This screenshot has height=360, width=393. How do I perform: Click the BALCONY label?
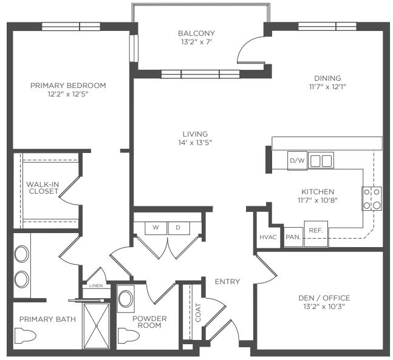(196, 33)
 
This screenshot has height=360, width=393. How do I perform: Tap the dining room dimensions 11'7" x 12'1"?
(327, 87)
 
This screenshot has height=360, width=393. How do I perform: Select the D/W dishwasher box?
(297, 161)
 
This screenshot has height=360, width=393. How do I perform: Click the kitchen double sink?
(321, 161)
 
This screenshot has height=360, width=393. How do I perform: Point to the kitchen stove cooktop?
(372, 199)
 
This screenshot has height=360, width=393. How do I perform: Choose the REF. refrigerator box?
(316, 234)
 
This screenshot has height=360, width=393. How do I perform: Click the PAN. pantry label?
(293, 237)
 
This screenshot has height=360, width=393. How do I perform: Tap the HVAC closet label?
(268, 237)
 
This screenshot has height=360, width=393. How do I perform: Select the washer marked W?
(155, 228)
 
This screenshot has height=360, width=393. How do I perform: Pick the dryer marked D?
(179, 228)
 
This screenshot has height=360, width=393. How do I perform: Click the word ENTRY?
(227, 282)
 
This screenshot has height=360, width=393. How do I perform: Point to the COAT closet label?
(198, 313)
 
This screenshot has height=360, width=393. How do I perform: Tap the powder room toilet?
(128, 335)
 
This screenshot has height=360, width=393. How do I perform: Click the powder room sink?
(126, 299)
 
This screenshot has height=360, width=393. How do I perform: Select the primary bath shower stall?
(96, 326)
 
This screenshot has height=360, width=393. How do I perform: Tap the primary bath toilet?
(25, 336)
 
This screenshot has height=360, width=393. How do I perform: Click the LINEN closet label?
(96, 285)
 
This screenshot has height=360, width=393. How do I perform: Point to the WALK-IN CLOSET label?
(43, 188)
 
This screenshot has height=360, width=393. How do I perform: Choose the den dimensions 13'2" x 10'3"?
(324, 307)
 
